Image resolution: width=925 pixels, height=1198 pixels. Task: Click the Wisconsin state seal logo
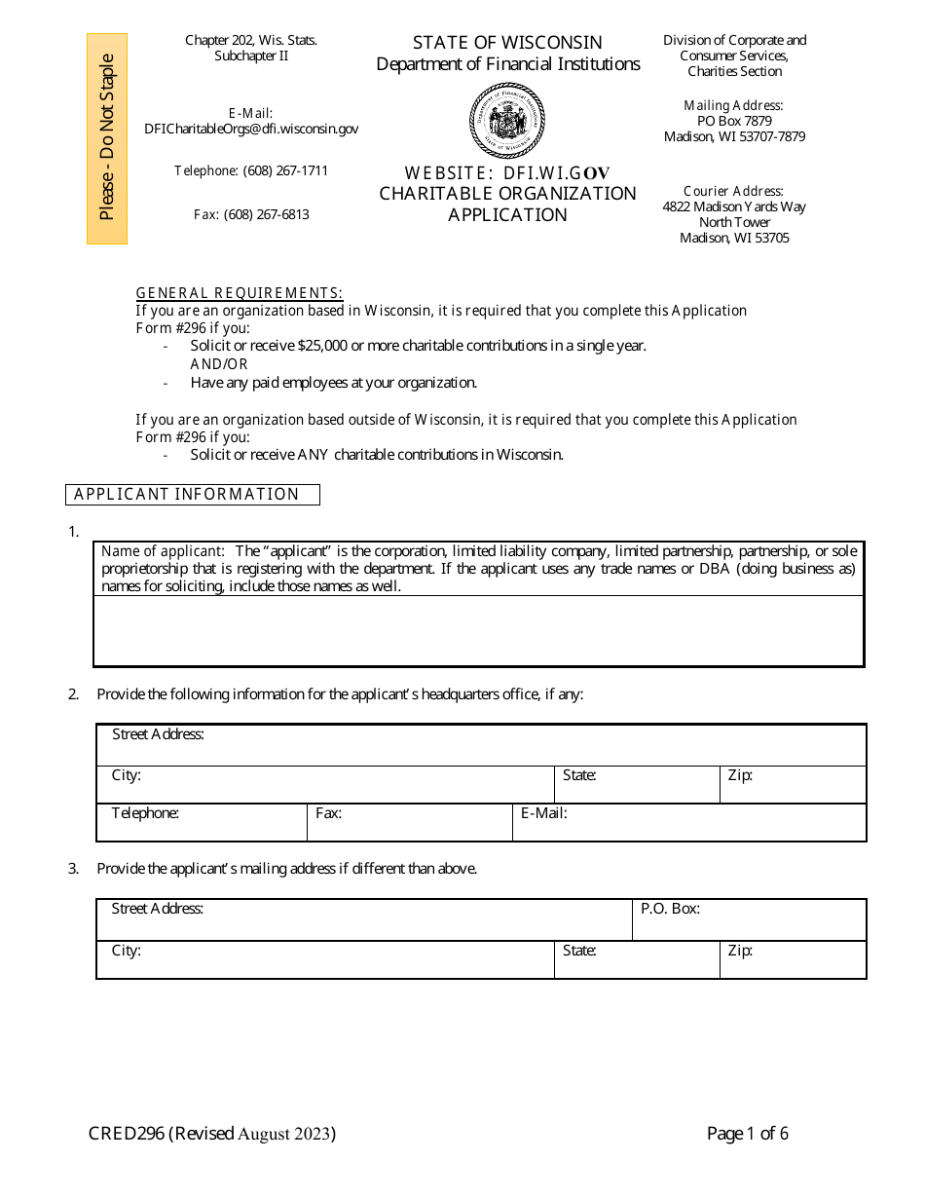(507, 121)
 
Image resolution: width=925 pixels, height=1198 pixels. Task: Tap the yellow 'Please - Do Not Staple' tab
(107, 138)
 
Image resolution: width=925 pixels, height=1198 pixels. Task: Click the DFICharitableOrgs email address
(251, 129)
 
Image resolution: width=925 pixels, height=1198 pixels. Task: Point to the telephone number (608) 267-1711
(285, 170)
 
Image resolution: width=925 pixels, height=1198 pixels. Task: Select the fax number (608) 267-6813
(266, 214)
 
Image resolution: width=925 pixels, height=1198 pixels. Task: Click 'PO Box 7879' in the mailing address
(734, 121)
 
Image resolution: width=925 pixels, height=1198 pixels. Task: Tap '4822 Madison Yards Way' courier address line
(734, 206)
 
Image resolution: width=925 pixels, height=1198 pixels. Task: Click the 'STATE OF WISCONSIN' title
(507, 43)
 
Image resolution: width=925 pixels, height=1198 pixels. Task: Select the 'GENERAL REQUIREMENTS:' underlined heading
(239, 293)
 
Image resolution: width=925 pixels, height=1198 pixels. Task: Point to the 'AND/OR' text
(219, 364)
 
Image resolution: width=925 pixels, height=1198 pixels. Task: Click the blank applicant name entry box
(478, 630)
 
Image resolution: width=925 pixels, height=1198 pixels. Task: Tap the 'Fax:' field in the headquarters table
(409, 822)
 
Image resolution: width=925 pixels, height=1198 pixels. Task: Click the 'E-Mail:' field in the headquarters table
(688, 822)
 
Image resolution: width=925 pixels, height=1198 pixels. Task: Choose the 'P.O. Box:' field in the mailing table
(749, 919)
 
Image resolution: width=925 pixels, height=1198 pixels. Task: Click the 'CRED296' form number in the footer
(127, 1134)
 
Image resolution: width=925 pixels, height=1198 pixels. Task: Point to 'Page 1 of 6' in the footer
(747, 1134)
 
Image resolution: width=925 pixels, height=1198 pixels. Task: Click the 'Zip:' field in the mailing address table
(793, 959)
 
